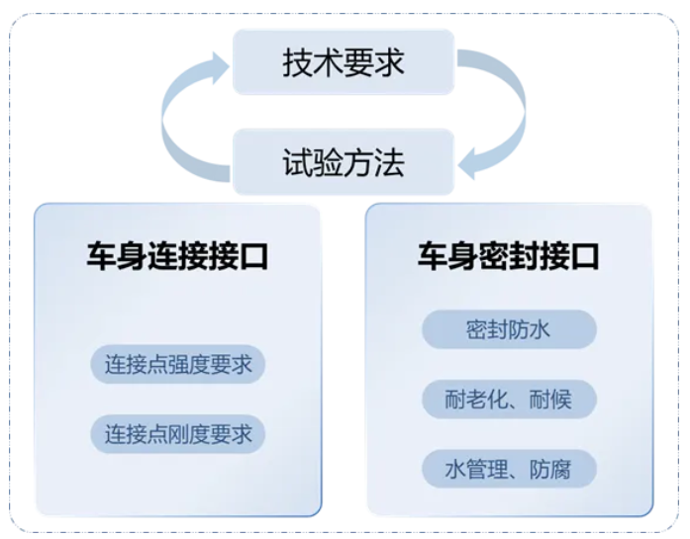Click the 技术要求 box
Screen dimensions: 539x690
[344, 62]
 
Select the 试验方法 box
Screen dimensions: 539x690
[344, 161]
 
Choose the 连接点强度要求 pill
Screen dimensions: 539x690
[178, 364]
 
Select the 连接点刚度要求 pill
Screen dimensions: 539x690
[178, 433]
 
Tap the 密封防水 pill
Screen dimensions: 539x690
[509, 329]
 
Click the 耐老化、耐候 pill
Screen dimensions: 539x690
[509, 399]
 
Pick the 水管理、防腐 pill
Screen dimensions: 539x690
[509, 468]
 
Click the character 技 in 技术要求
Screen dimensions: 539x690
[298, 62]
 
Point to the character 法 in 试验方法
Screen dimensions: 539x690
[389, 161]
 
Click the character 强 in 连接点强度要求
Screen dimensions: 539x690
[178, 364]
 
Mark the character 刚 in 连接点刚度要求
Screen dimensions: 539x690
[178, 433]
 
